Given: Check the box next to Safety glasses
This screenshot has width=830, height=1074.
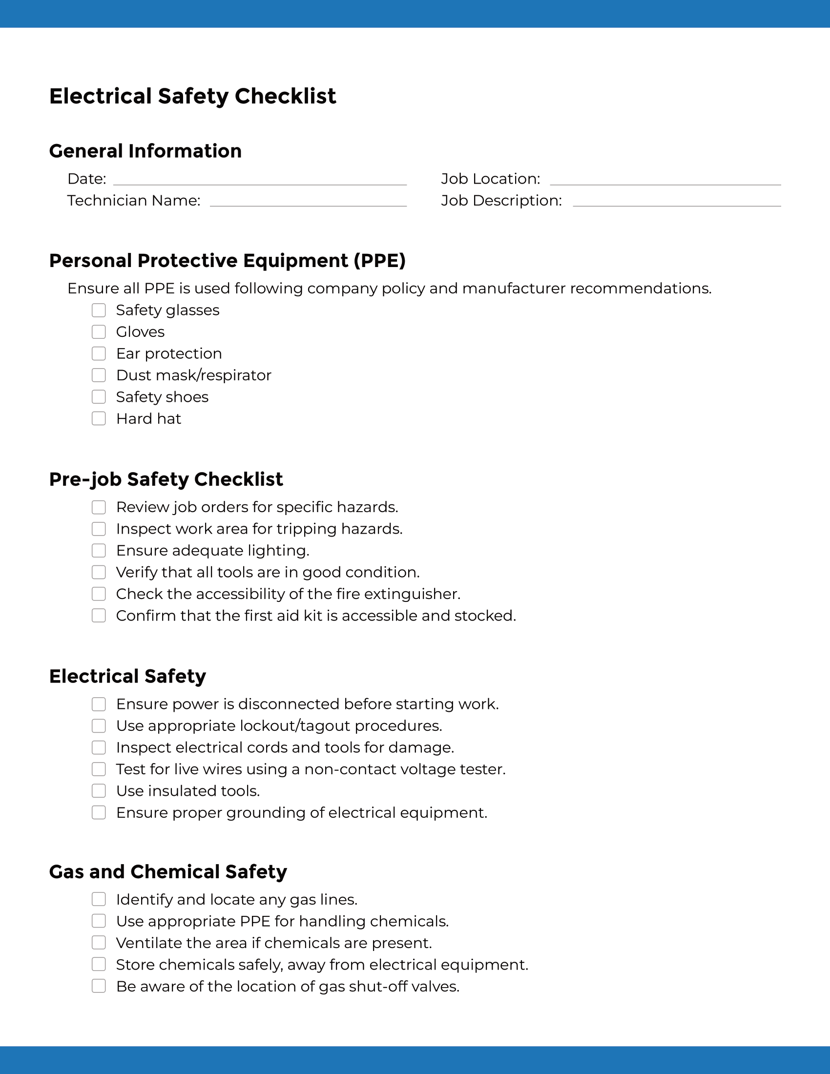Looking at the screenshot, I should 99,310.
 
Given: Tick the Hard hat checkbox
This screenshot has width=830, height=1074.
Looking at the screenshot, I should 99,418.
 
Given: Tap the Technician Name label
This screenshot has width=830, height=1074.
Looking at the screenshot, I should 134,201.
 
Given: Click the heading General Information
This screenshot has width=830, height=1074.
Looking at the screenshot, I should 145,151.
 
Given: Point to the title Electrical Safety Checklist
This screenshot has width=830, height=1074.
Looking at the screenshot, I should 192,96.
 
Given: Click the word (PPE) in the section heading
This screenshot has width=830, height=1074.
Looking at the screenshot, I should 379,261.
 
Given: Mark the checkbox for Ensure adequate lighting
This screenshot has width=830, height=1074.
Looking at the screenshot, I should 99,550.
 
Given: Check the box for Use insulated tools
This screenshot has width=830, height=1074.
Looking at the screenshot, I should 99,791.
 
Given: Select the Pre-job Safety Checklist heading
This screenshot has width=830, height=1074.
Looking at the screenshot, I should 166,479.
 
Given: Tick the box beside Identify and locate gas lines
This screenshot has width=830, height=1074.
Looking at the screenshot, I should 99,899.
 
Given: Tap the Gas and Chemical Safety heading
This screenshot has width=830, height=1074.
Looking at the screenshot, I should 167,871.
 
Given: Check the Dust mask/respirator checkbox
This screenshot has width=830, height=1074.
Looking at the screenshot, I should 99,375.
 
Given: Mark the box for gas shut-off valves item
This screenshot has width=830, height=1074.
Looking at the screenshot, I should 99,986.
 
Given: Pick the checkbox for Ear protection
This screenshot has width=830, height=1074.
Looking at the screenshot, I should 99,353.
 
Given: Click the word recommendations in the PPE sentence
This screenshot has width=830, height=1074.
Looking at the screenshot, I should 640,288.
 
